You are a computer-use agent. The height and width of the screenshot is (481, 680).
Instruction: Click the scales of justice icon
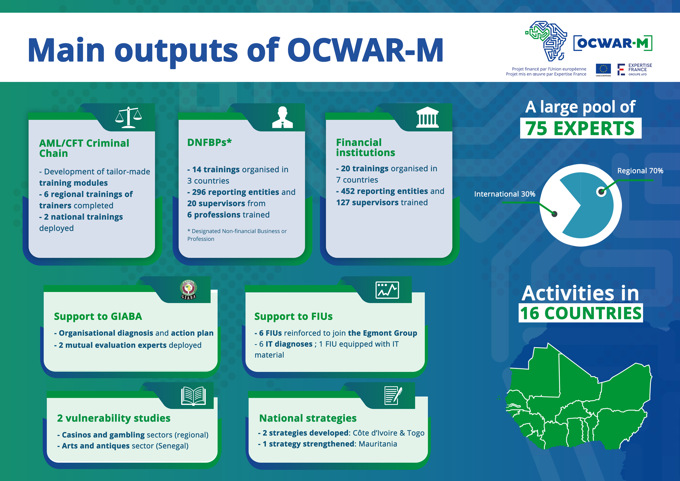point(129,117)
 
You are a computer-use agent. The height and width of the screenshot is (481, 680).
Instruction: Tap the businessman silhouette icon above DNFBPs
point(282,117)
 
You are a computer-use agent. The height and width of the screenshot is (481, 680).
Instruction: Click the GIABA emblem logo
point(189,289)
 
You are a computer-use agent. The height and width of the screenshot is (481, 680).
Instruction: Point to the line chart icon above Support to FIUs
point(387,290)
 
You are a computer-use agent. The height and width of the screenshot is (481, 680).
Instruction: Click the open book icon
point(193,396)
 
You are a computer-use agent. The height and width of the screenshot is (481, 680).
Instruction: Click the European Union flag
point(603,69)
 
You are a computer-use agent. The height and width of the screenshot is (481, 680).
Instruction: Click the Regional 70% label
point(640,171)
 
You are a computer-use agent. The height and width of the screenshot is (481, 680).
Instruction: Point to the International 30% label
point(505,194)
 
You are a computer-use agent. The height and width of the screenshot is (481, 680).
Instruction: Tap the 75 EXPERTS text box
point(581,128)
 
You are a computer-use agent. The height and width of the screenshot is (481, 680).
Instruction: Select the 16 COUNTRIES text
point(581,313)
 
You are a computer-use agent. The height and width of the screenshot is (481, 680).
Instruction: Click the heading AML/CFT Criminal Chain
point(84,148)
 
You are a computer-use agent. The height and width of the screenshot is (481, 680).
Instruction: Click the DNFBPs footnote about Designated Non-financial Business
point(237,235)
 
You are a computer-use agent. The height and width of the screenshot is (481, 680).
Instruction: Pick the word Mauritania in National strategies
point(378,444)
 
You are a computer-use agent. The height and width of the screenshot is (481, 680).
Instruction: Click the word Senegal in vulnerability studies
point(172,446)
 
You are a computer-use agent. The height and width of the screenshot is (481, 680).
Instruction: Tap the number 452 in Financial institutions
point(348,191)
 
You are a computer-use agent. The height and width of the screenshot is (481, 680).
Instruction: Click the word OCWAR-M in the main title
point(365,50)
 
